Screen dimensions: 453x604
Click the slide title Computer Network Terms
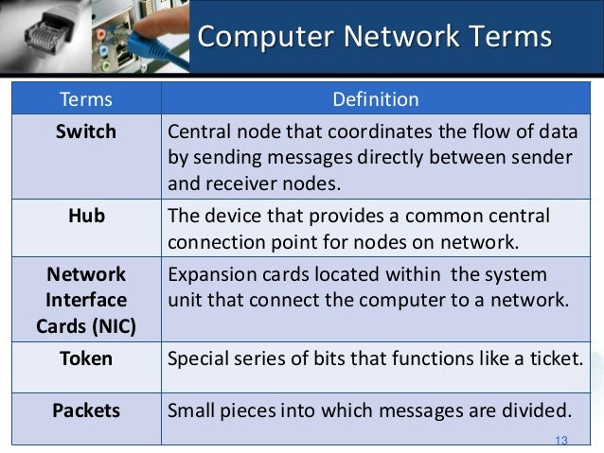coord(374,38)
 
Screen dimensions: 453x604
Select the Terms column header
coord(85,98)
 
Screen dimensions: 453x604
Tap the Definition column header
coord(376,98)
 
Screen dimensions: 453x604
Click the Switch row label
coord(85,131)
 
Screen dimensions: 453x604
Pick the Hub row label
coord(85,217)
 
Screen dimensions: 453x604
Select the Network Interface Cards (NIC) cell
coord(85,300)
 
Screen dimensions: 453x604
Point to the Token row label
coord(85,358)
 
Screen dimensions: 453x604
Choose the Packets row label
coord(85,410)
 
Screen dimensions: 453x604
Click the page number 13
coord(560,441)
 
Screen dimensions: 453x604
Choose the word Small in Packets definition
coord(189,410)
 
